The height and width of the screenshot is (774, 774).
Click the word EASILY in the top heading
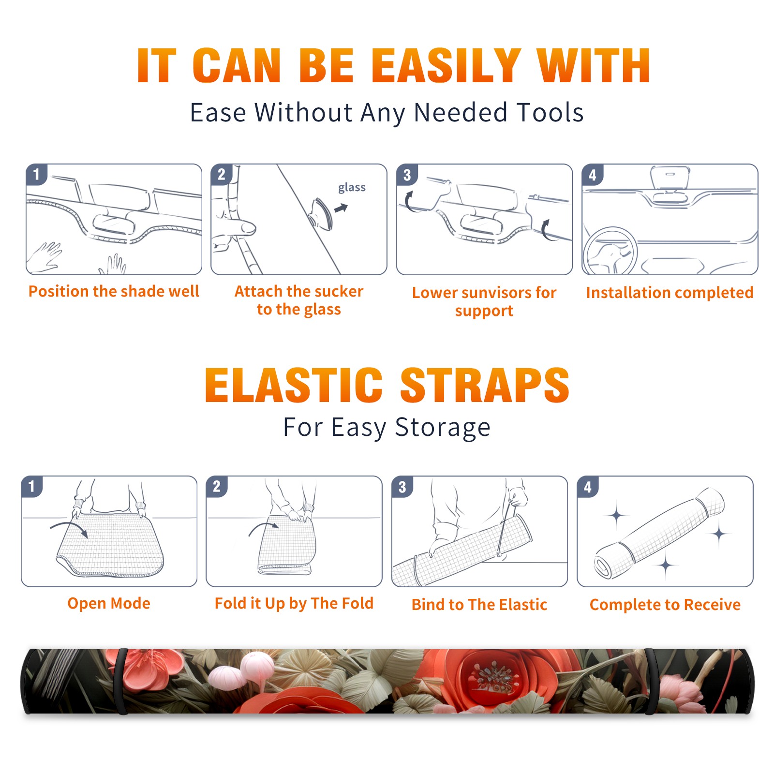(x=446, y=66)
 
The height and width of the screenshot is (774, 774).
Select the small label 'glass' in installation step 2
(x=352, y=188)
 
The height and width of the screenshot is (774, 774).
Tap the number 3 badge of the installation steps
(x=407, y=175)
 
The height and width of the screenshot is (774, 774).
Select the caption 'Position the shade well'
(x=114, y=291)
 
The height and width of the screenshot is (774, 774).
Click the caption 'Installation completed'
(x=670, y=293)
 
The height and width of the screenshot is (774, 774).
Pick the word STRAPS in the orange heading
(x=485, y=385)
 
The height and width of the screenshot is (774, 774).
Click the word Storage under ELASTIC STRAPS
(x=443, y=428)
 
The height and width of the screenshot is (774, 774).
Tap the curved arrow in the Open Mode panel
(x=69, y=526)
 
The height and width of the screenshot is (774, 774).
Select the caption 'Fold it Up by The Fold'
(x=294, y=603)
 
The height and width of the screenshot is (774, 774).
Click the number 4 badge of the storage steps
(x=588, y=487)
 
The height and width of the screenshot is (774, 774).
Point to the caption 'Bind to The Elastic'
(x=479, y=605)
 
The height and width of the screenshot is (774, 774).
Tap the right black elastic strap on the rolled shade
(x=651, y=681)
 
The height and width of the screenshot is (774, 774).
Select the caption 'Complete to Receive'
(x=665, y=605)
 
